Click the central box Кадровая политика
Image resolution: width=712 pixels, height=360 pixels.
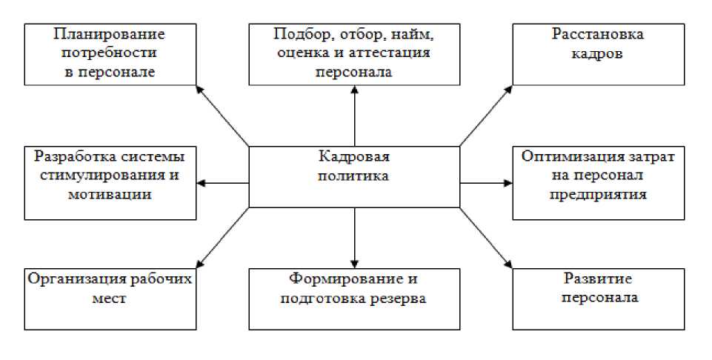(x=354, y=176)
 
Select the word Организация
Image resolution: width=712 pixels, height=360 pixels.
(x=73, y=280)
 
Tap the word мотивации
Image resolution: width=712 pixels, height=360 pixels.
(x=110, y=195)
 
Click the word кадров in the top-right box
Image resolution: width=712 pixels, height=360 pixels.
(x=598, y=54)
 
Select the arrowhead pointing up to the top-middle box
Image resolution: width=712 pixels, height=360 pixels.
(x=355, y=90)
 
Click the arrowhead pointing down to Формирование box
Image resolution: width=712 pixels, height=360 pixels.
(x=355, y=263)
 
